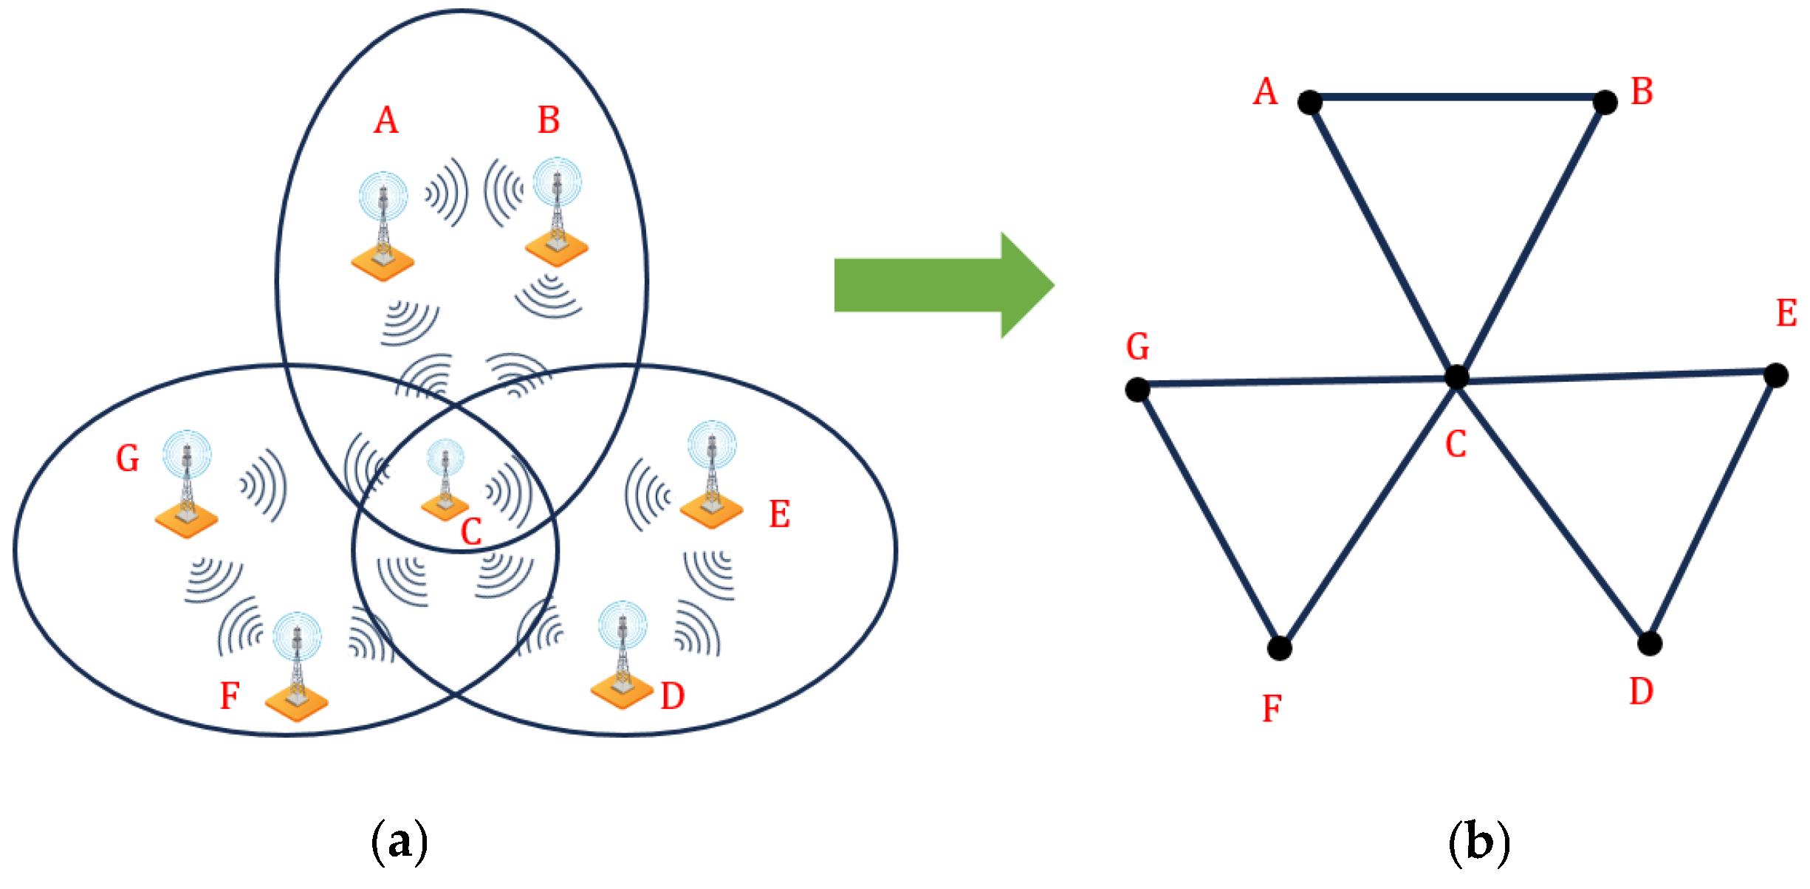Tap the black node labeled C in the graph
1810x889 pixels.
click(x=1456, y=377)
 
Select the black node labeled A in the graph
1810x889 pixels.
click(x=1310, y=102)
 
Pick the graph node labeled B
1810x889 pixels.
click(x=1605, y=102)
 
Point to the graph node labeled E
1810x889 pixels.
click(x=1776, y=375)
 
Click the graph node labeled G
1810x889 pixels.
click(x=1137, y=389)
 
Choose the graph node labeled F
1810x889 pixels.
click(x=1279, y=648)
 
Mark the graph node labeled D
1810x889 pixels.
click(x=1650, y=644)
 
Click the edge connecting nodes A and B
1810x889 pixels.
click(x=1457, y=97)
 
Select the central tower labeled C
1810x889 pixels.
click(x=445, y=479)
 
